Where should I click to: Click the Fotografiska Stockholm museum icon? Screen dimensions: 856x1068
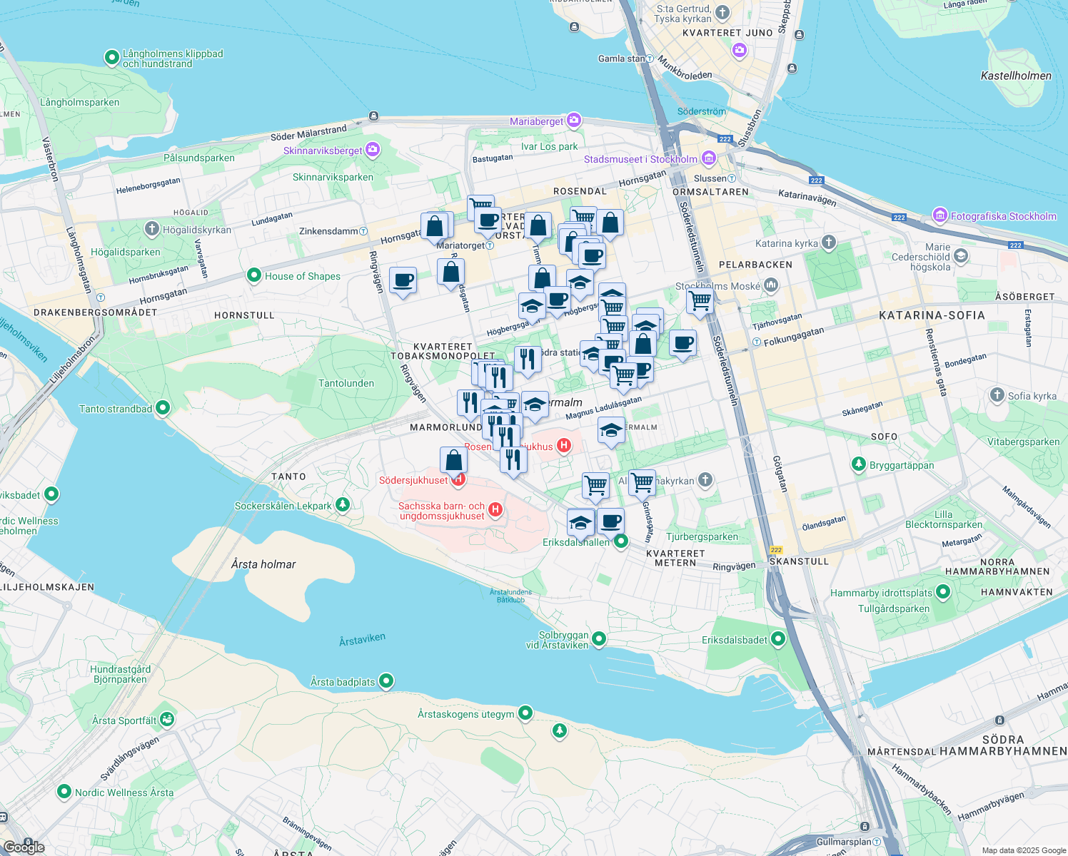coord(939,215)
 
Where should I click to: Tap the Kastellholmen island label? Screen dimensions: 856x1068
coord(1015,76)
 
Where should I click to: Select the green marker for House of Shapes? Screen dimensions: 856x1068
coord(253,275)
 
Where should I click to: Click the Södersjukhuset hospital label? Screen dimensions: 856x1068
coord(413,480)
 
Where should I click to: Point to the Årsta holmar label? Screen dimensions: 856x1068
coord(263,564)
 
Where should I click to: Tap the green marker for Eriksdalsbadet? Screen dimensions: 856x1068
coord(778,639)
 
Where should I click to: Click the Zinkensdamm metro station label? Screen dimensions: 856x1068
coord(328,231)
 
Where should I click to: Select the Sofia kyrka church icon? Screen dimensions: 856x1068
coord(997,395)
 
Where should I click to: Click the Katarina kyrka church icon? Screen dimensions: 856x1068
coord(828,243)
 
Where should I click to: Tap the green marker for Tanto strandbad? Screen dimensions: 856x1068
coord(163,408)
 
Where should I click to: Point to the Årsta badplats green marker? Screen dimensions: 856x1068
coord(386,681)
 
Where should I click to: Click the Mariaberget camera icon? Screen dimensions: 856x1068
coord(575,121)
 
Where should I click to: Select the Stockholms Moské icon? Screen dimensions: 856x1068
coord(771,285)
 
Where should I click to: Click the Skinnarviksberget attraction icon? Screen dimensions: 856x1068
coord(373,150)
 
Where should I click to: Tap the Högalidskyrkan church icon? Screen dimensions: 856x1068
coord(151,229)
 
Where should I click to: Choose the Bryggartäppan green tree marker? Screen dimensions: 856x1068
coord(859,464)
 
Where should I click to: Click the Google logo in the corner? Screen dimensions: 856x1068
coord(24,847)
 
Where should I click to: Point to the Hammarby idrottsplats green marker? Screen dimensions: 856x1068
coord(943,592)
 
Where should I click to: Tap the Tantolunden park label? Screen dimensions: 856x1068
coord(346,383)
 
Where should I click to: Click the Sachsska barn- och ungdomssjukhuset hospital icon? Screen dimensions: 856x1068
coord(495,510)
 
